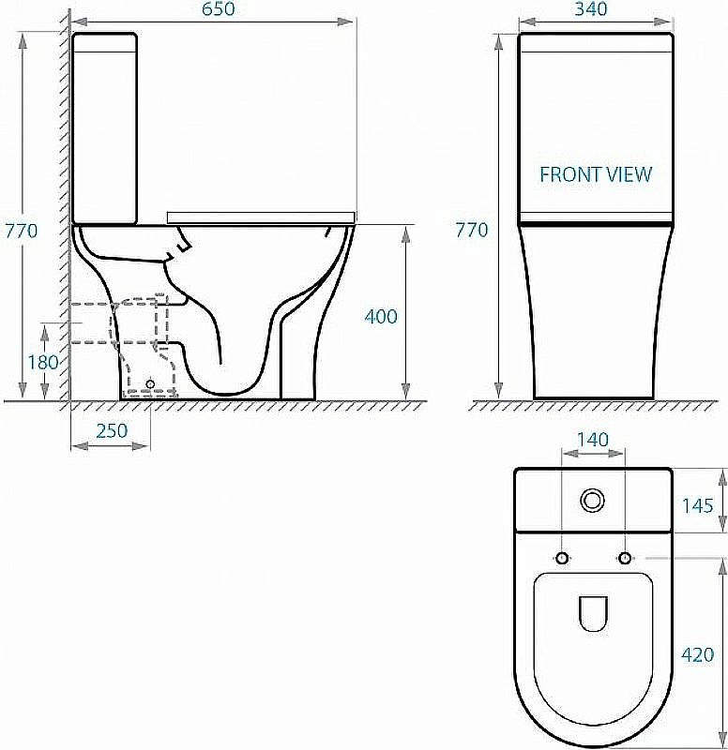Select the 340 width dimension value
(x=595, y=9)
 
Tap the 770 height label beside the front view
(x=471, y=230)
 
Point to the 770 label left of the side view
(x=21, y=230)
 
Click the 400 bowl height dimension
(x=380, y=317)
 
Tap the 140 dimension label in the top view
(x=592, y=439)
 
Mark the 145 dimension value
(x=697, y=505)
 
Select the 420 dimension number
(x=698, y=654)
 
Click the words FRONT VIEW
(x=595, y=174)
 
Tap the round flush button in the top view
(x=593, y=501)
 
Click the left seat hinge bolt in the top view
(x=562, y=559)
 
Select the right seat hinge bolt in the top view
(x=624, y=559)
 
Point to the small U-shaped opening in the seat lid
(x=592, y=613)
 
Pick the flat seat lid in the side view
(x=260, y=217)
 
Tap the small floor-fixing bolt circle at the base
(x=150, y=383)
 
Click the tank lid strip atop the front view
(x=595, y=40)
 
